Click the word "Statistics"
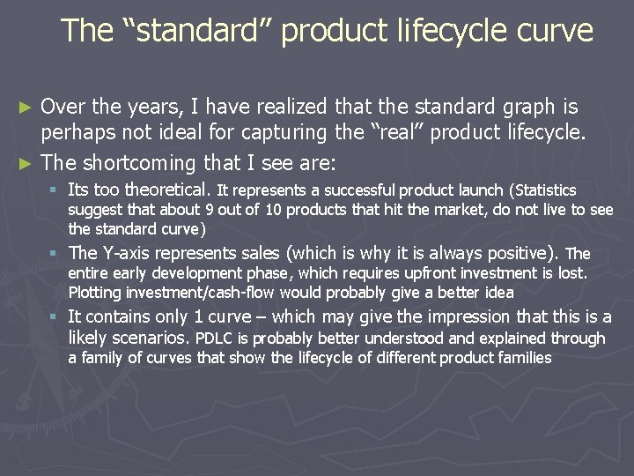click(x=543, y=190)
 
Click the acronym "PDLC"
click(x=213, y=338)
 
